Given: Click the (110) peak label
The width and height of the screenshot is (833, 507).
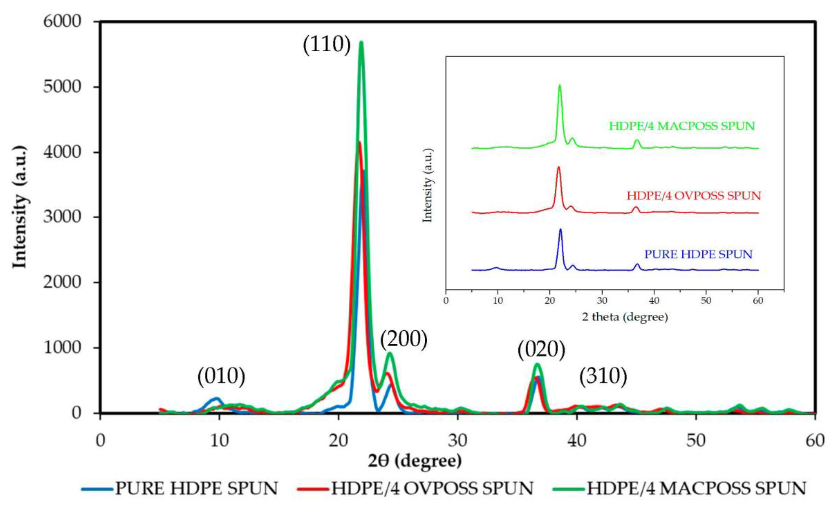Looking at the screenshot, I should click(327, 44).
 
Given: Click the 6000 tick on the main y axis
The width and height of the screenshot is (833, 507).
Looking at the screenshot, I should click(63, 22).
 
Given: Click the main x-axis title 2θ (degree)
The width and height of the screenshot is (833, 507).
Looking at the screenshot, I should click(415, 461).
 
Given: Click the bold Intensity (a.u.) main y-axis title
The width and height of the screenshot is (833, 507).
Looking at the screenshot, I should click(20, 207).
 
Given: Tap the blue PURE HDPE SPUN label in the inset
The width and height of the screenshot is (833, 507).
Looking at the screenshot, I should click(699, 254).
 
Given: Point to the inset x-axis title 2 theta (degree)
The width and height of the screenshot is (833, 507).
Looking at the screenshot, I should click(625, 317).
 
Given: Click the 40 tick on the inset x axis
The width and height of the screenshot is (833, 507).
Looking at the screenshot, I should click(654, 301).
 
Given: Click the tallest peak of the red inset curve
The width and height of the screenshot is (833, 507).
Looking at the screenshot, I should click(558, 167).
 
